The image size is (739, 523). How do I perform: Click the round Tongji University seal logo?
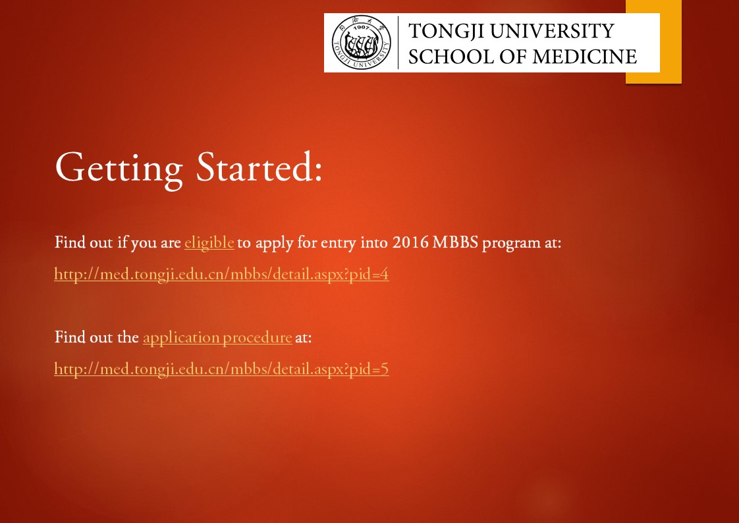(362, 42)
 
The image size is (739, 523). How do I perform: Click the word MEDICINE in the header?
(584, 57)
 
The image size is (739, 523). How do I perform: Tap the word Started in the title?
(253, 167)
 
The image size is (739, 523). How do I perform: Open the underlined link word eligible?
(209, 242)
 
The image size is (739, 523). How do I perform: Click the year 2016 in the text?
(410, 242)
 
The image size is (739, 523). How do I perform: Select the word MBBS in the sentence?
(455, 242)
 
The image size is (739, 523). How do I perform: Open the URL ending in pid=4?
(221, 274)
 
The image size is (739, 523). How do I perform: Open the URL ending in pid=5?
(221, 368)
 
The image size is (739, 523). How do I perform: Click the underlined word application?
(181, 338)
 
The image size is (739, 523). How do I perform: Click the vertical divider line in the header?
(398, 42)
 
